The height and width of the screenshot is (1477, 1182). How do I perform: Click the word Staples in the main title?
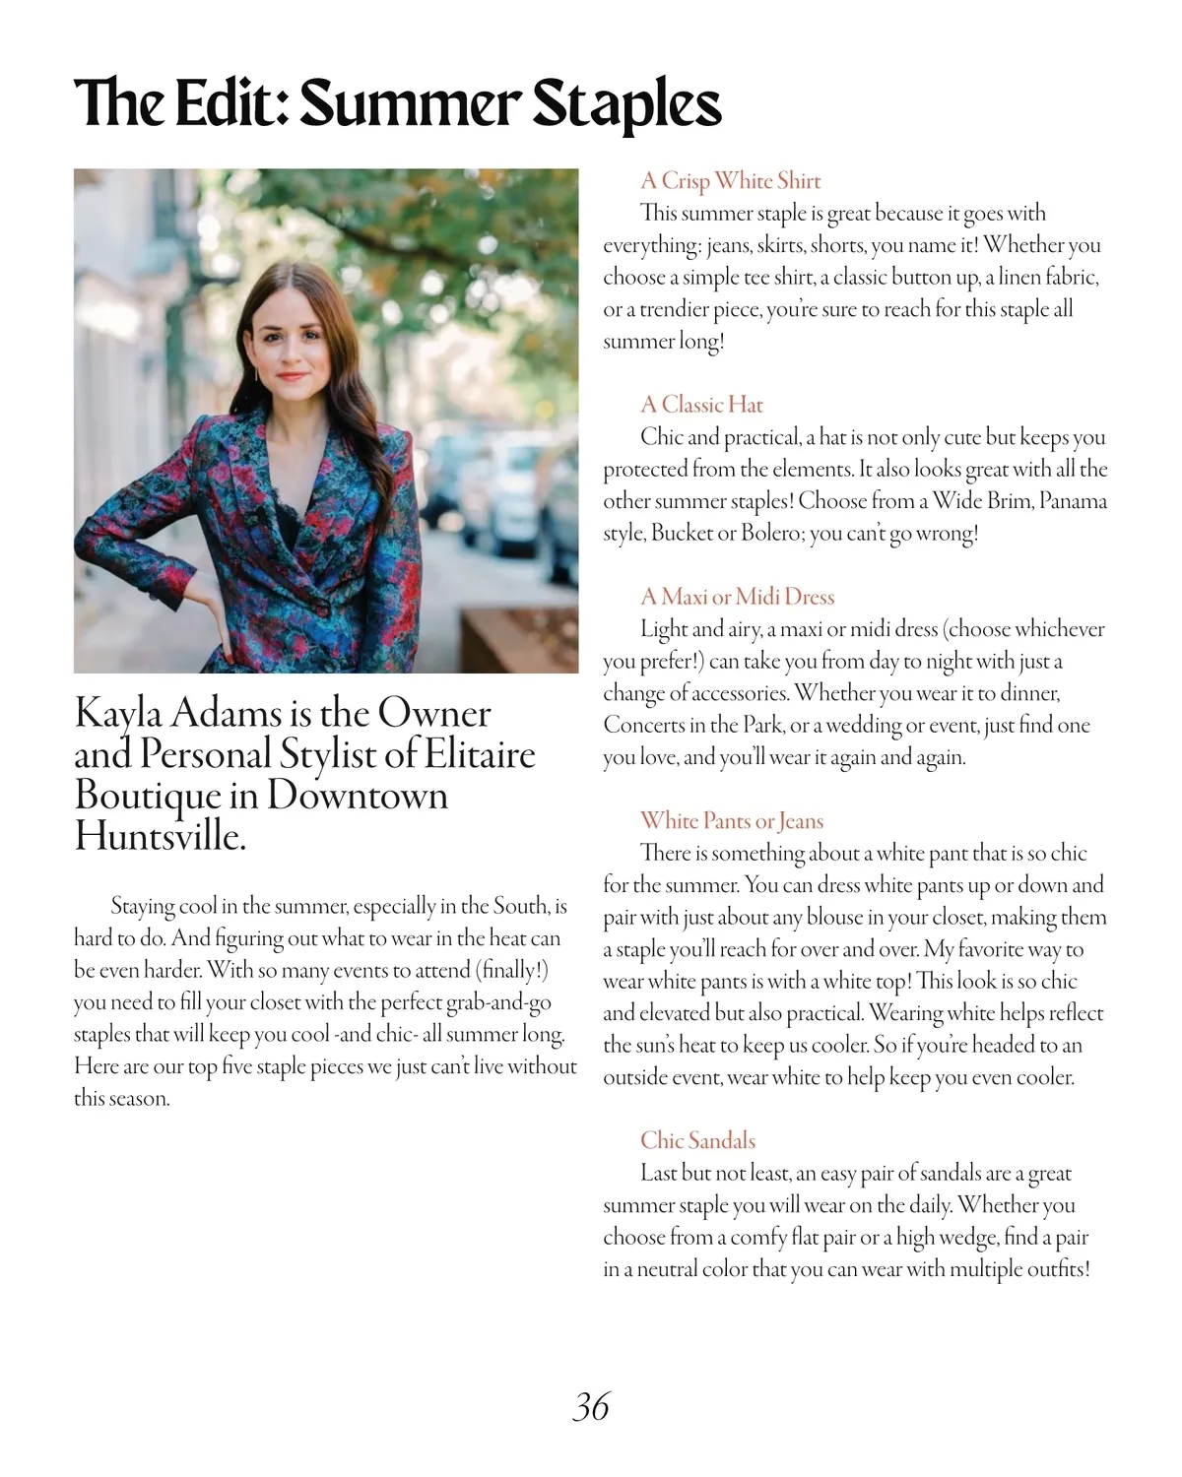(626, 103)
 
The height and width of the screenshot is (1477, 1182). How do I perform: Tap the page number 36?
(591, 1406)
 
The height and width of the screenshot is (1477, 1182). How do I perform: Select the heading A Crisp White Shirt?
(730, 181)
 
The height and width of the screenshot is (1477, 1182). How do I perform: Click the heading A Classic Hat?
(701, 405)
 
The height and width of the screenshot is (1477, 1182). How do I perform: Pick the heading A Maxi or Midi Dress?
(737, 597)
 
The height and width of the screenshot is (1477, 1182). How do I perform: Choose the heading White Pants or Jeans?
(731, 821)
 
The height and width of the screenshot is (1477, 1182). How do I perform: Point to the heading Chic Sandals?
(697, 1140)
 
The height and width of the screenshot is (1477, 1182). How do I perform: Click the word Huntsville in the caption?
(160, 837)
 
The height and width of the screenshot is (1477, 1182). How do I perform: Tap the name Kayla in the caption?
(123, 714)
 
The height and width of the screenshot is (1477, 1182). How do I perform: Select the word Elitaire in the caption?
(481, 755)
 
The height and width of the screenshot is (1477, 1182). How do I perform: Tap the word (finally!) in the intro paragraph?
(511, 970)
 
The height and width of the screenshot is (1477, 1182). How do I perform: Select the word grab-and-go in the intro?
(498, 1002)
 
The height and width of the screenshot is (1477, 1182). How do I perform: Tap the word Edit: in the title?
(231, 103)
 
